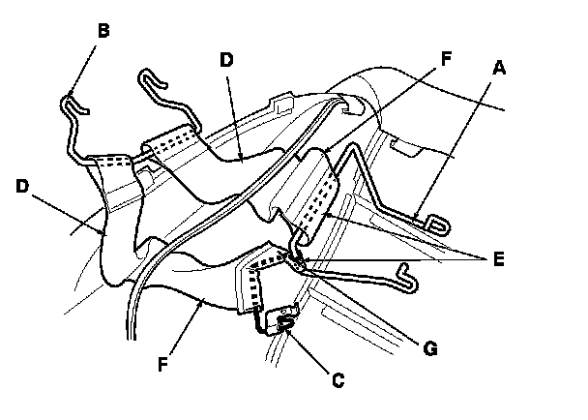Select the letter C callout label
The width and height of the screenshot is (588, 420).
[336, 380]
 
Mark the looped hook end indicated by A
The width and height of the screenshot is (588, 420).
[437, 225]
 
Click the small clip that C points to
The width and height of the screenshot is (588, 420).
[285, 323]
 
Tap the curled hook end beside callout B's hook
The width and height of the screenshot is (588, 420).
[148, 75]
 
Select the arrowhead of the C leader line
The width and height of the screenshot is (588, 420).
[287, 329]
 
